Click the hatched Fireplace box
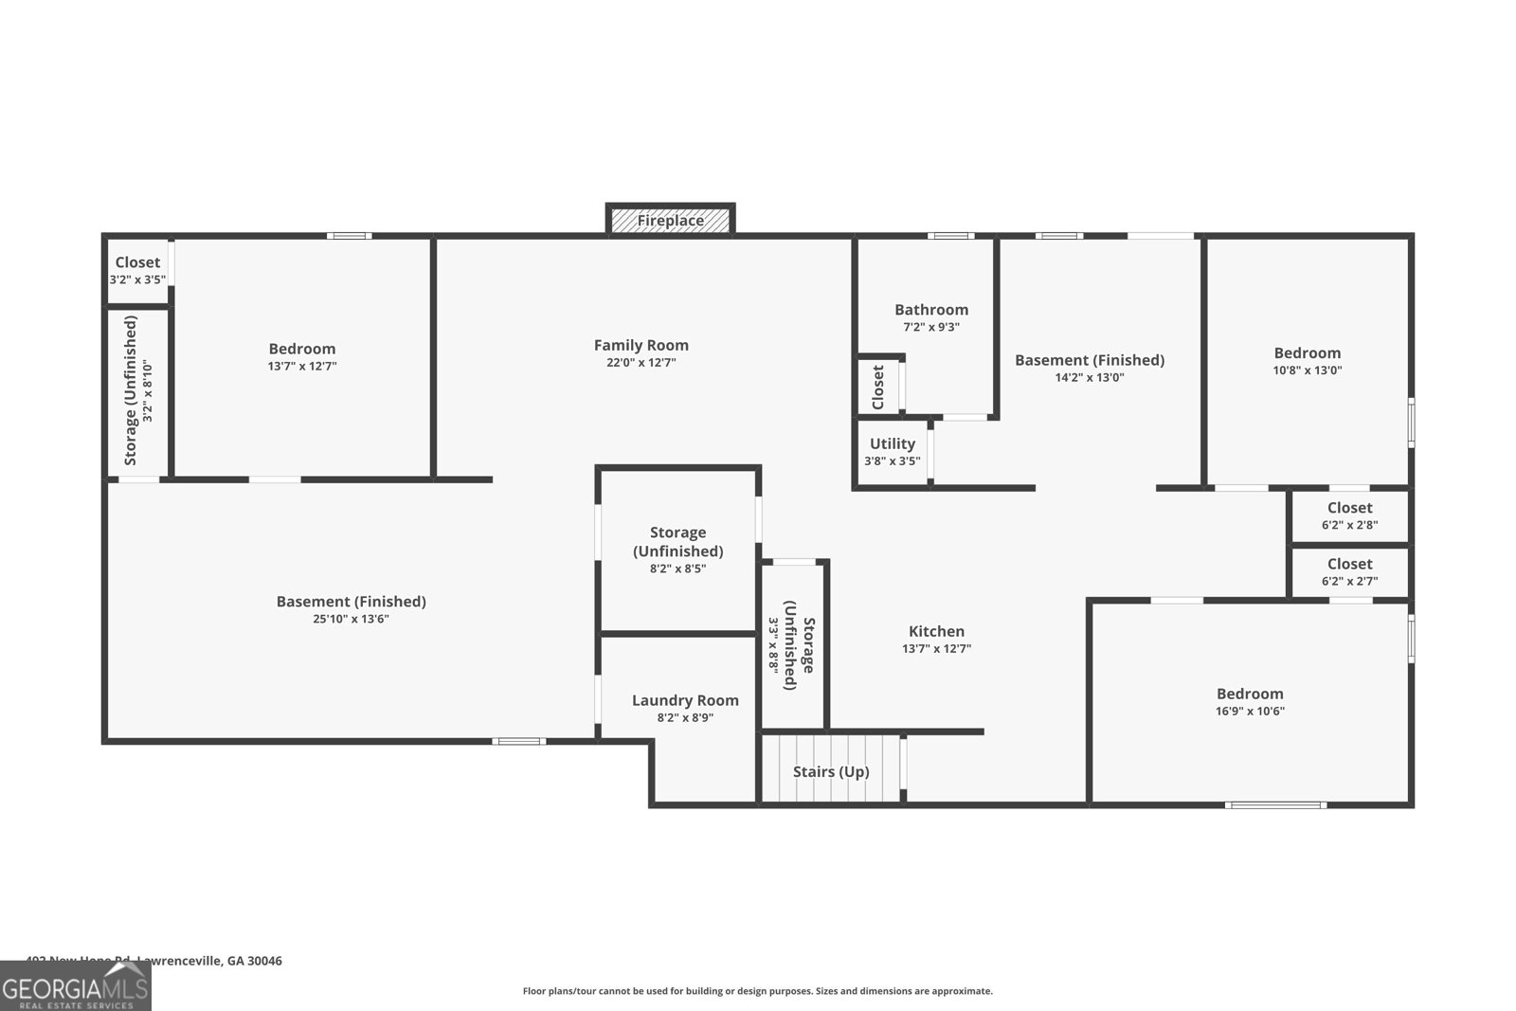tap(670, 221)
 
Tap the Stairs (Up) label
tap(831, 771)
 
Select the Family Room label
tap(641, 346)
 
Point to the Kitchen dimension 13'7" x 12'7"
tap(936, 649)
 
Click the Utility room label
tap(893, 443)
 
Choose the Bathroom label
tap(931, 310)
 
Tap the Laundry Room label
tap(685, 700)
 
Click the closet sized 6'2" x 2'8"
tap(1349, 516)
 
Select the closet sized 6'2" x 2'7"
tap(1349, 572)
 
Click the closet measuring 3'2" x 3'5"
tap(137, 271)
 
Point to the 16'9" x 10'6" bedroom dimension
tap(1250, 712)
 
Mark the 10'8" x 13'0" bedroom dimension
tap(1307, 370)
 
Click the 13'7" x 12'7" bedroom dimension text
tap(302, 366)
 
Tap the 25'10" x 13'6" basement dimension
tap(351, 619)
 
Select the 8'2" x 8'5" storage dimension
tap(677, 569)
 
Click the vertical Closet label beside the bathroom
tap(878, 388)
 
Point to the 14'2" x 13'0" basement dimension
tap(1090, 377)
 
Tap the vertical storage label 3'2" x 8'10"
tap(147, 390)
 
